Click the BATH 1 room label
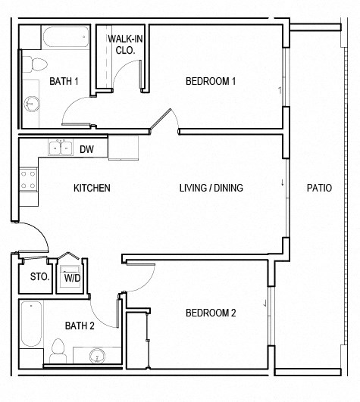[64, 82]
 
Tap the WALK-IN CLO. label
[121, 44]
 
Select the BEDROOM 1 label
[211, 82]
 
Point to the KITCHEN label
[92, 188]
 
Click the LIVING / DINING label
[211, 188]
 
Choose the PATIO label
[319, 188]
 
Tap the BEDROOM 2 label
[211, 313]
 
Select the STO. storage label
[39, 277]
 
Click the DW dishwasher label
[86, 149]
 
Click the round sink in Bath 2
[95, 354]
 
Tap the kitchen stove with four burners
[29, 179]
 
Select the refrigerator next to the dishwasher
[123, 148]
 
